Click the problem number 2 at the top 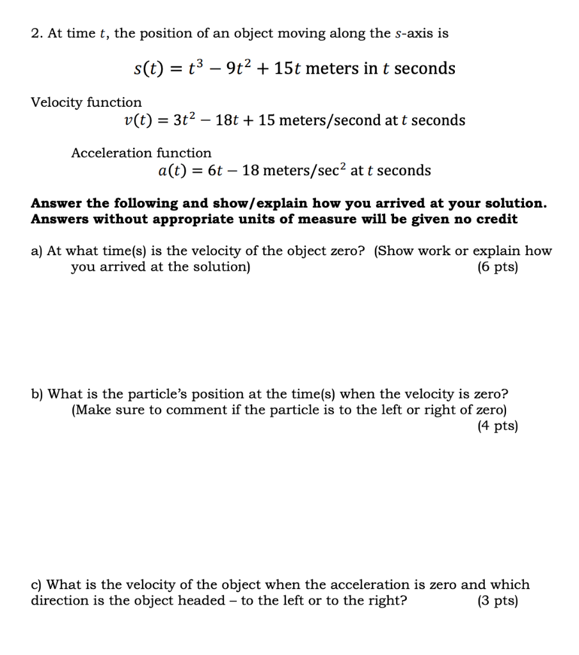35,34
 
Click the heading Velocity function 86,102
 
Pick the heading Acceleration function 141,153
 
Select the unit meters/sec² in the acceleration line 304,170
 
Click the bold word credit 496,219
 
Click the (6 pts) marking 497,267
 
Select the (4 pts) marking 497,425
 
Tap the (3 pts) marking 497,601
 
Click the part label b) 37,394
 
